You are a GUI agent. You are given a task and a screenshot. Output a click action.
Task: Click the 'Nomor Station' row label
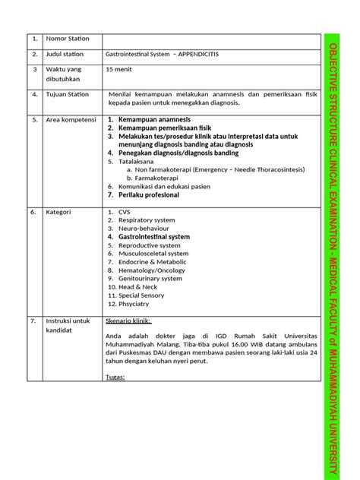[68, 39]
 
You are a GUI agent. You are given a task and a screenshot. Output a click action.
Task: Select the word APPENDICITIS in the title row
[199, 55]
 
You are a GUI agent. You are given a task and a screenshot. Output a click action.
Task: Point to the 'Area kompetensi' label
[71, 120]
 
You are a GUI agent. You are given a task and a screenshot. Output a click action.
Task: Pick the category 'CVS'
[125, 212]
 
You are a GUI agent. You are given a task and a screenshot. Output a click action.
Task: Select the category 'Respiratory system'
[146, 220]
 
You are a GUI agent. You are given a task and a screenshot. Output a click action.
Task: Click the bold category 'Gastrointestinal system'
[153, 237]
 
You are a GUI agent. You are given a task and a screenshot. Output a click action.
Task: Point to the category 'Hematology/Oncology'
[151, 270]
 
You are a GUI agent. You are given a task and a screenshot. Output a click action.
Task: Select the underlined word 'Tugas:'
[115, 377]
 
